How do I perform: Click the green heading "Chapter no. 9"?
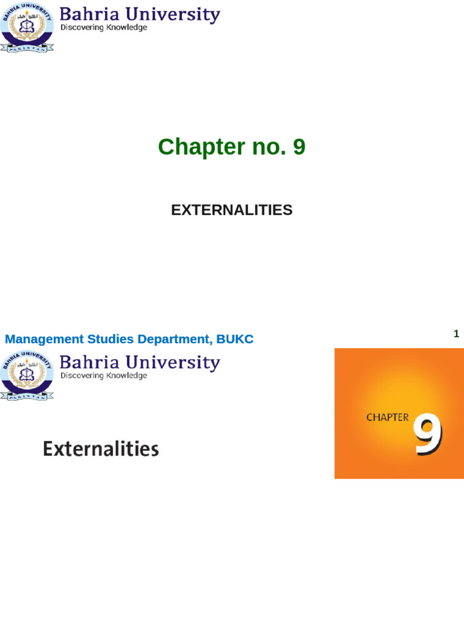231,147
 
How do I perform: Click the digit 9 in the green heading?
299,147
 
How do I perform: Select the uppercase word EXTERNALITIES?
231,210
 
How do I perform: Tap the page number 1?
456,334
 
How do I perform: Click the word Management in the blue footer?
44,339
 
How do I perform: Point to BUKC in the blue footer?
235,339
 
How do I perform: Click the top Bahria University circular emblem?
27,27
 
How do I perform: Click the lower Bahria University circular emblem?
27,375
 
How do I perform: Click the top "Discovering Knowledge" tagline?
103,28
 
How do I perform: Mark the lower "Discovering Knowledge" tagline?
103,375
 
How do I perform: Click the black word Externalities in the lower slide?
101,449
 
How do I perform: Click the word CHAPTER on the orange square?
387,417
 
